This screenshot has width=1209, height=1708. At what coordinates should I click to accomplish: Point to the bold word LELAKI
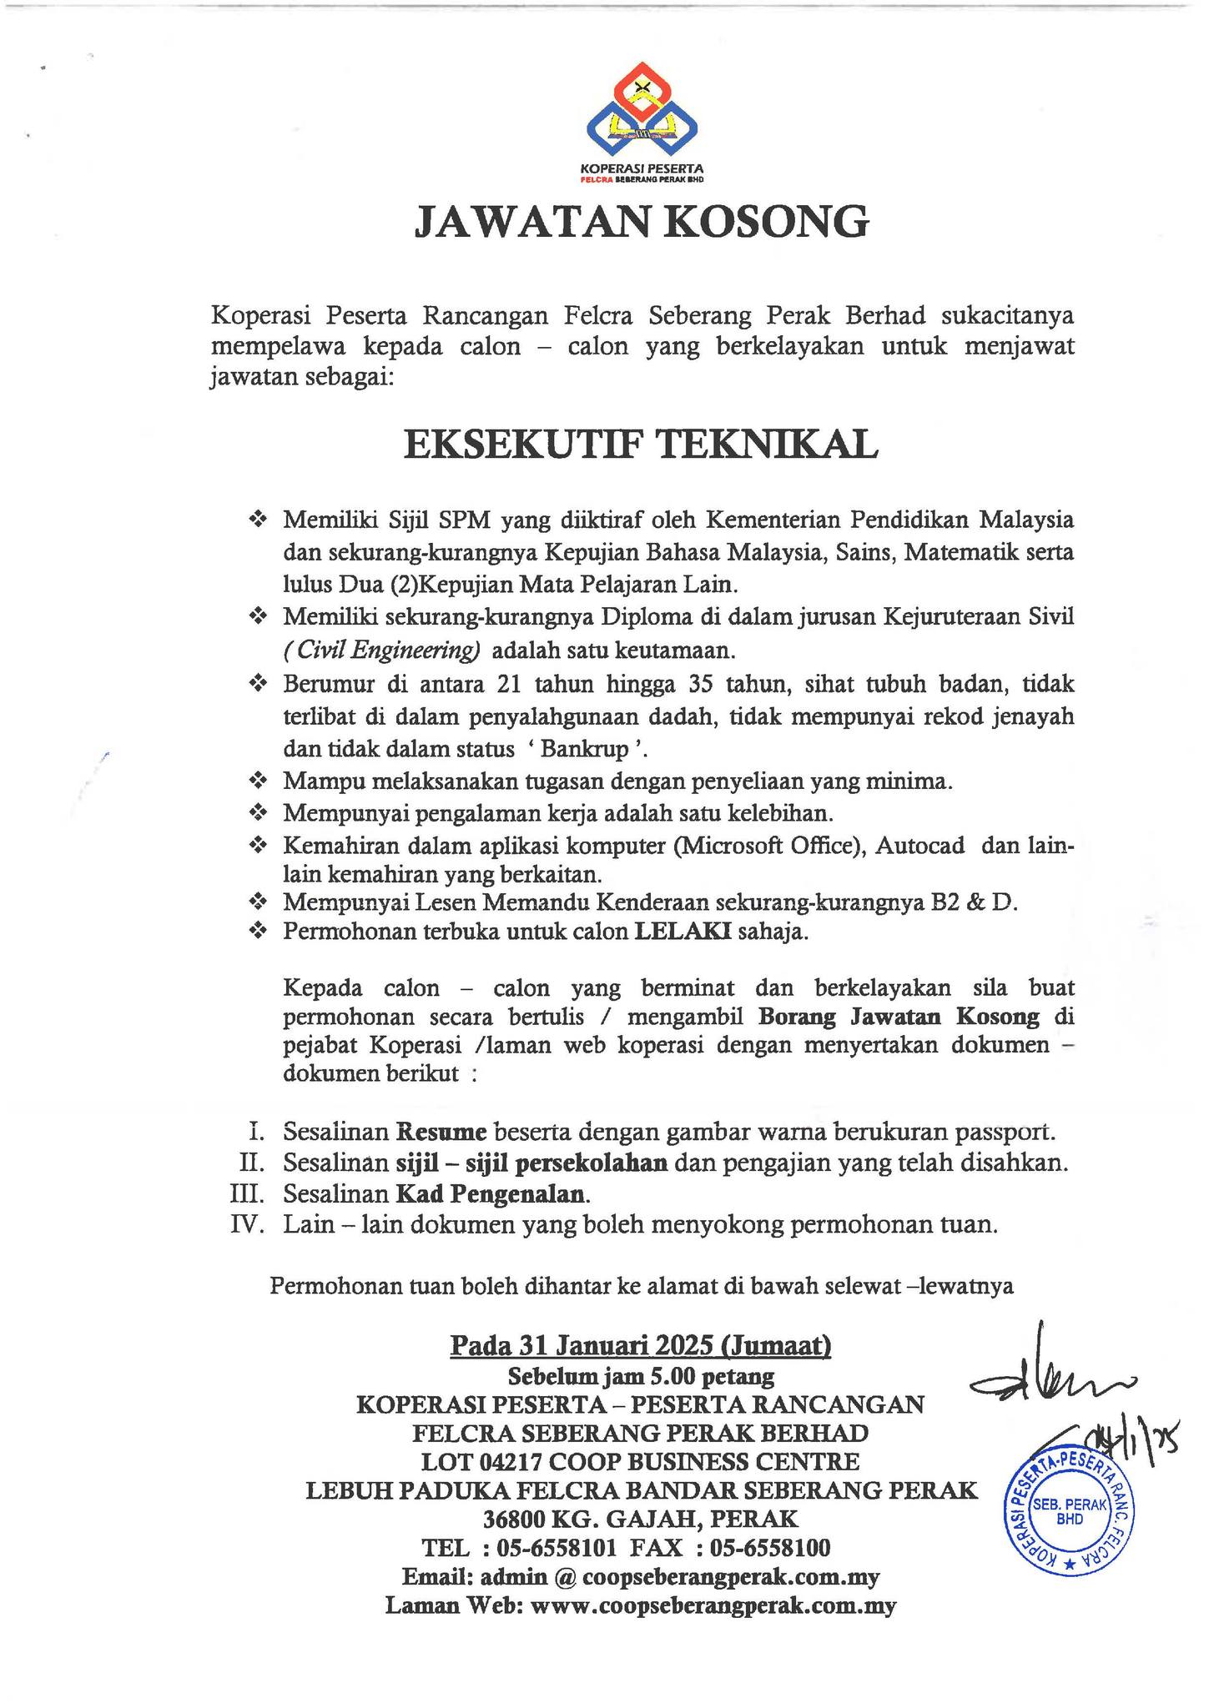[683, 932]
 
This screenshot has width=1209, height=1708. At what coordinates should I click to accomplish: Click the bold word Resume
[441, 1132]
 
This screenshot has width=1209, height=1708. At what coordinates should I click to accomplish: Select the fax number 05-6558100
[769, 1548]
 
